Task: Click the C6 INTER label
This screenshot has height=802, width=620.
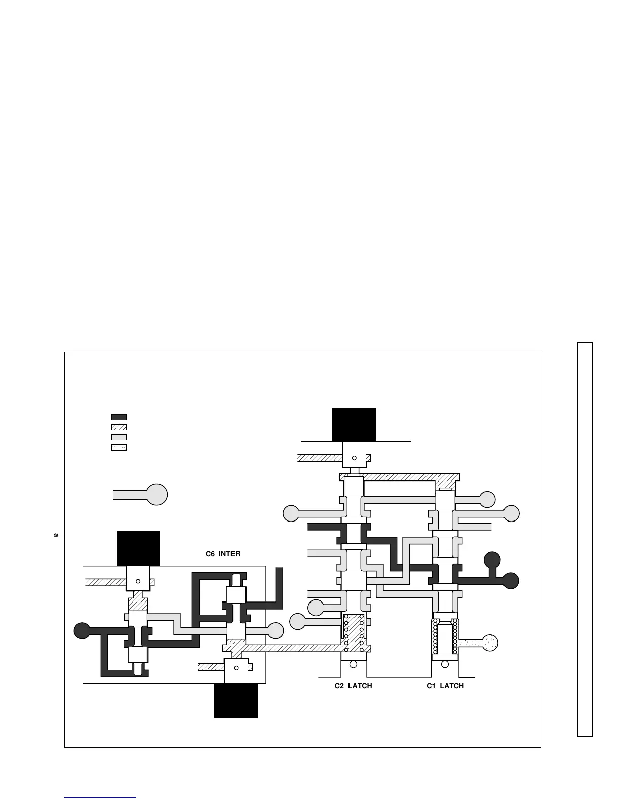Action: [223, 554]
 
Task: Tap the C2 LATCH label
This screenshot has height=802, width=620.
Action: [353, 686]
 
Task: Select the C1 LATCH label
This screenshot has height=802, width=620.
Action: [445, 686]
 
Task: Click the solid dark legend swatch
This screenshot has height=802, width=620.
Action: [119, 417]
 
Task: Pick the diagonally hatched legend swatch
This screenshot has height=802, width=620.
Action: [119, 427]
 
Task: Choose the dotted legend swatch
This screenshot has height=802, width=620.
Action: [119, 448]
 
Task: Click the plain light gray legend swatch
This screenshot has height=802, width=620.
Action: [119, 437]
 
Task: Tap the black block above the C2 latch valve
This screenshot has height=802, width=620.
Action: [354, 424]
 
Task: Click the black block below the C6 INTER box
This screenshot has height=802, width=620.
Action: [236, 701]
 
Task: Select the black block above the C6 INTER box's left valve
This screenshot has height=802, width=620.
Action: [138, 548]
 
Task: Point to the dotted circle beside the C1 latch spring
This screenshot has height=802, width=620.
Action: [490, 643]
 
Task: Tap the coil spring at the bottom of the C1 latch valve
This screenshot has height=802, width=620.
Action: [445, 639]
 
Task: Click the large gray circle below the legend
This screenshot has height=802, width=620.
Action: [157, 494]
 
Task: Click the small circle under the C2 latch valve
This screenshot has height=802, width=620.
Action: [354, 664]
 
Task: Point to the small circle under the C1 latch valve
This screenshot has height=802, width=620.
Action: [445, 664]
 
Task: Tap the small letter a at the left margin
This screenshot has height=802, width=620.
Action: [56, 535]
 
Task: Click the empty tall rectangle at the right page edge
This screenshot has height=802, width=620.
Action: [585, 539]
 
